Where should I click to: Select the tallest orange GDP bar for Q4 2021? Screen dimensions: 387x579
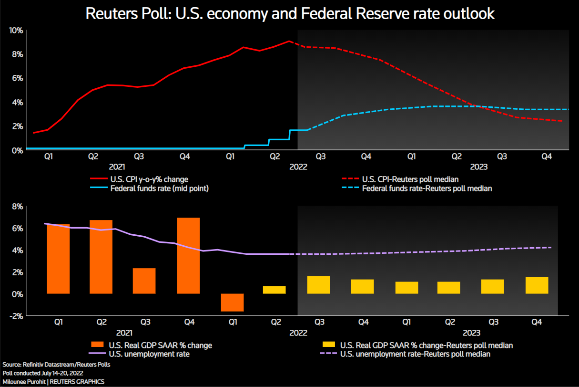pyautogui.click(x=188, y=255)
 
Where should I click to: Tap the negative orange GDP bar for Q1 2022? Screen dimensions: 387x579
pyautogui.click(x=232, y=302)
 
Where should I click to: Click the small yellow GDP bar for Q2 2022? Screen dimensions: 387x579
pyautogui.click(x=274, y=290)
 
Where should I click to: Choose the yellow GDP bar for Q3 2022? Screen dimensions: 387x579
pyautogui.click(x=318, y=285)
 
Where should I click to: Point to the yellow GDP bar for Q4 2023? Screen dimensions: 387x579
pyautogui.click(x=537, y=285)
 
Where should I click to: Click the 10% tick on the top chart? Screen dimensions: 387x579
pyautogui.click(x=16, y=31)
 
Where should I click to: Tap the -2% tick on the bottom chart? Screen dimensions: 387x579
pyautogui.click(x=16, y=315)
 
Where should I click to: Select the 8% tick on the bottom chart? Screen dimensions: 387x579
pyautogui.click(x=17, y=207)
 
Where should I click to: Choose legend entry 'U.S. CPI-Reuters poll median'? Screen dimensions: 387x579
pyautogui.click(x=410, y=179)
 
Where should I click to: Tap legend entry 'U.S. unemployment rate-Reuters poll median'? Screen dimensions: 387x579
pyautogui.click(x=415, y=354)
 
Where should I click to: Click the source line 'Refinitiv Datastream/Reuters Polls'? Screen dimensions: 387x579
pyautogui.click(x=56, y=364)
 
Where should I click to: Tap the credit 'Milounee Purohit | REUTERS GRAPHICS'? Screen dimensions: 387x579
pyautogui.click(x=53, y=381)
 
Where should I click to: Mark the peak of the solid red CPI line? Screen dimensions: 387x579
pyautogui.click(x=289, y=41)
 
